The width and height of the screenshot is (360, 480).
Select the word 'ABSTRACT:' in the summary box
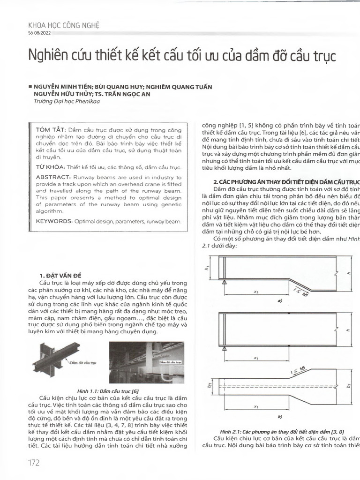point(52,178)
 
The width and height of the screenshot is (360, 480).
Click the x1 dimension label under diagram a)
point(256,292)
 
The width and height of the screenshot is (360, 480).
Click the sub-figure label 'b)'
point(279,416)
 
